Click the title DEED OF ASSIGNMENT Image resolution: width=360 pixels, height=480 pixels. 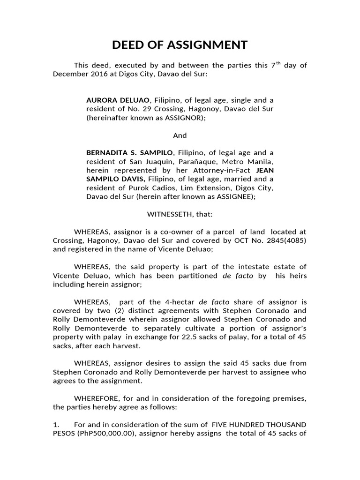pyautogui.click(x=180, y=45)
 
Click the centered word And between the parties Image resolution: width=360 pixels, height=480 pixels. pyautogui.click(x=180, y=135)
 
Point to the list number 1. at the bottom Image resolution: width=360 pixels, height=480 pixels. pyautogui.click(x=56, y=425)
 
